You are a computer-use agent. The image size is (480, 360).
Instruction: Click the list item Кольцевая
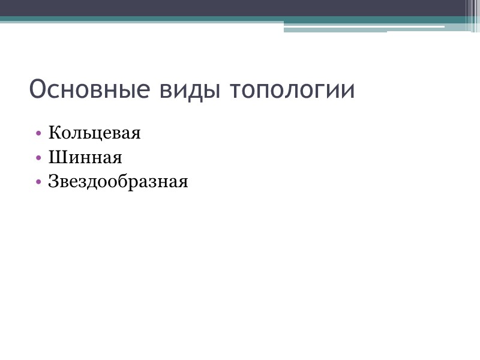coord(95,133)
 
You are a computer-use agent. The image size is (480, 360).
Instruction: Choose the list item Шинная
coord(85,158)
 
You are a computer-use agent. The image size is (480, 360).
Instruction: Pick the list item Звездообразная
coord(118,182)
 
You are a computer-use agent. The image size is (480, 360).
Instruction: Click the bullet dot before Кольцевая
coord(38,133)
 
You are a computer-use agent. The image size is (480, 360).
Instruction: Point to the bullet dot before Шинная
coord(38,158)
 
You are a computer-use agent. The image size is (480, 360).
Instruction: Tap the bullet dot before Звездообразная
coord(38,182)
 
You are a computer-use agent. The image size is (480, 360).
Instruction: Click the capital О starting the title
coord(38,90)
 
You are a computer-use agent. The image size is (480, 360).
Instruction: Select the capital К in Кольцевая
coord(54,133)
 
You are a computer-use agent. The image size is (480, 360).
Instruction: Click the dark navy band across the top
coord(228,8)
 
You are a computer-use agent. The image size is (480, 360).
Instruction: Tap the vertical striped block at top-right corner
coord(473,15)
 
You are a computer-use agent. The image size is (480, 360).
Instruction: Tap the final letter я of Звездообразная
coord(183,182)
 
